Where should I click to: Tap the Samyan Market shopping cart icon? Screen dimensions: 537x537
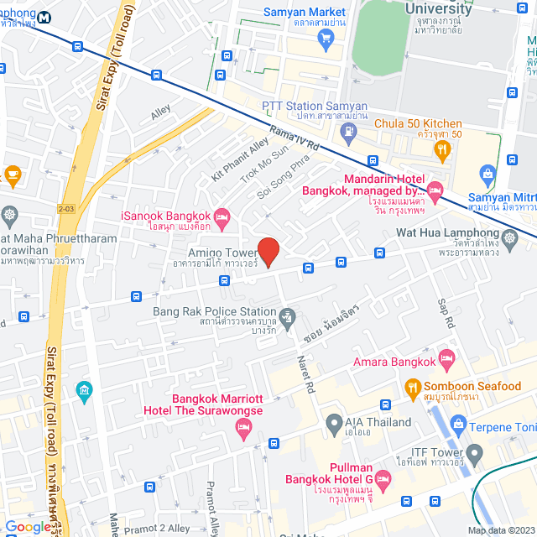coord(326,37)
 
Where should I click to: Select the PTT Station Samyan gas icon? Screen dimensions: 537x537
coord(351,131)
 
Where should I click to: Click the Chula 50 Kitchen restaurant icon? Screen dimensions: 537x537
coord(442,149)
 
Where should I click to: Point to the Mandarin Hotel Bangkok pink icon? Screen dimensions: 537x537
coord(434,188)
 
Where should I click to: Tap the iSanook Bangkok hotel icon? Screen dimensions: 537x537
coord(221,218)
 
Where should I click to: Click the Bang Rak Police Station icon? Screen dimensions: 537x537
coord(288,316)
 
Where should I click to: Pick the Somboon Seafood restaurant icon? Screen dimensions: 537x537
coord(412,388)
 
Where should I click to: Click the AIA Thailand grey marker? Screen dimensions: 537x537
coord(333,422)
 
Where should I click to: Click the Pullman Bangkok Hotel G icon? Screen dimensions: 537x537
coord(382,480)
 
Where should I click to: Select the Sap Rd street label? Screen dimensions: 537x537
coord(445,312)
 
